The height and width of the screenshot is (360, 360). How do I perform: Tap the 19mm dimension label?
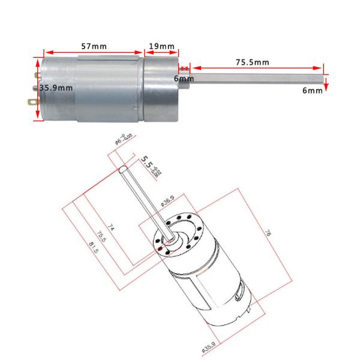click(161, 46)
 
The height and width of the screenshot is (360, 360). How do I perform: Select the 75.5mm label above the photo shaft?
click(252, 61)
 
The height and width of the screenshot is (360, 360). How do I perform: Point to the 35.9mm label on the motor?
click(56, 88)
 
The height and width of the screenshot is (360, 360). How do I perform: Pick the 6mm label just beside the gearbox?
click(184, 79)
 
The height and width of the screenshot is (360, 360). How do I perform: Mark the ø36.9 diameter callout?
click(169, 203)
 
